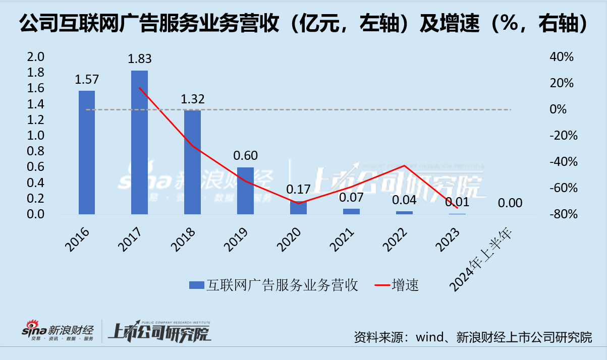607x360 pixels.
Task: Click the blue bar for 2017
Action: tap(139, 142)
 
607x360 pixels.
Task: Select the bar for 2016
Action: tap(86, 152)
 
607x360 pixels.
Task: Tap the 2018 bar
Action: tap(192, 162)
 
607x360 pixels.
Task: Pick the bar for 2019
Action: tap(245, 191)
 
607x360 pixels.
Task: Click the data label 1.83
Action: tap(139, 59)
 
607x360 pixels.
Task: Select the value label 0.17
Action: tap(298, 190)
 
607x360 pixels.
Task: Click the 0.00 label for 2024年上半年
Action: tap(510, 203)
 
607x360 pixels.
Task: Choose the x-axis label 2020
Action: tap(289, 238)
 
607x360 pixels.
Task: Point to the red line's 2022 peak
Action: tap(404, 165)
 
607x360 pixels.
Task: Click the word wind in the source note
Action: tap(428, 337)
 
